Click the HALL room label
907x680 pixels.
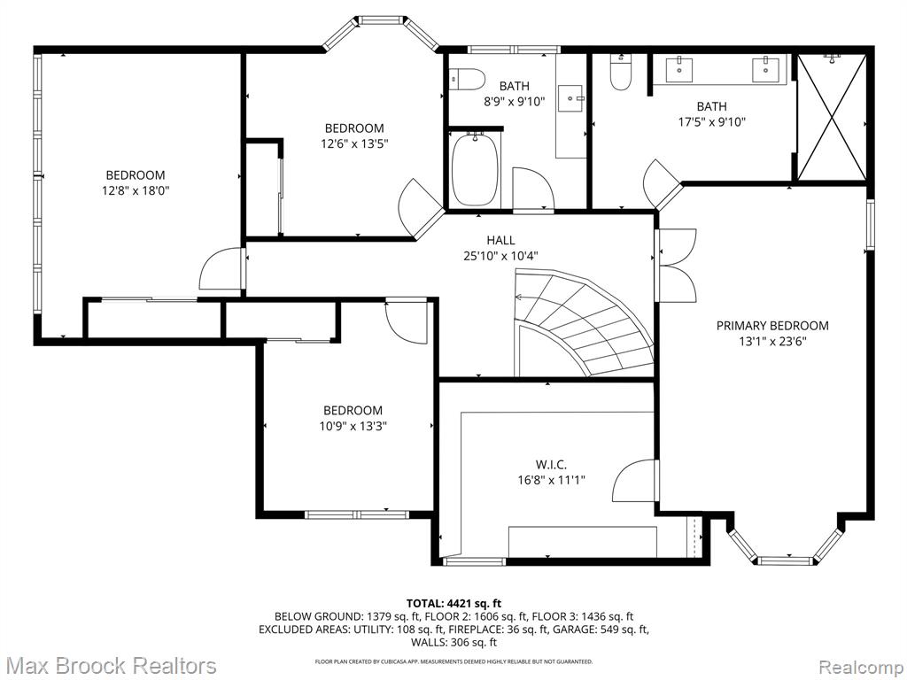click(500, 240)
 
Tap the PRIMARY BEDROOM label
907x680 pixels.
click(772, 326)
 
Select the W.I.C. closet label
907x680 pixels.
click(551, 464)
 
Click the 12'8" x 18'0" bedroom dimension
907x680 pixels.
click(136, 190)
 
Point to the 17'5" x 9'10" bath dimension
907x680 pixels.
click(711, 122)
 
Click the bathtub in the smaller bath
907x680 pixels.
click(476, 168)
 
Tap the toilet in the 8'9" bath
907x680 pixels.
click(466, 79)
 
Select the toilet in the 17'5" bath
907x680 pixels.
click(621, 73)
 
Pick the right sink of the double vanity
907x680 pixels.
click(768, 69)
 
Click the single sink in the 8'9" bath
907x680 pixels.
click(571, 98)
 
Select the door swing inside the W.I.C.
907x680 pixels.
click(635, 481)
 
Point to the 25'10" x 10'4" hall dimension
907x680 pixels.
click(500, 256)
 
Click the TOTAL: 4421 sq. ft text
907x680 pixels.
click(453, 605)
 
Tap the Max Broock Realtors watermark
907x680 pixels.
click(109, 666)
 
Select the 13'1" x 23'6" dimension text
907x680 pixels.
click(772, 341)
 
